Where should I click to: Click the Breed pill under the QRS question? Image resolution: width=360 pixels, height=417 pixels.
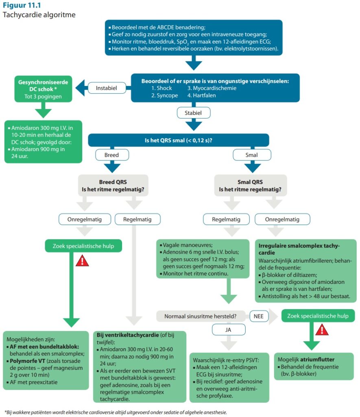(112, 155)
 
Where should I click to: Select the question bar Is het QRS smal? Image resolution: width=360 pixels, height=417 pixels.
(179, 140)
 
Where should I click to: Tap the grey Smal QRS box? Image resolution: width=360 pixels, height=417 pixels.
(250, 186)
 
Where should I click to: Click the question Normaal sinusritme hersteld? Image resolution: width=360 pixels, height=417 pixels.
(199, 316)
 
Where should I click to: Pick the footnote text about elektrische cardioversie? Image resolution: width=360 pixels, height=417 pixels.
(116, 412)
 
